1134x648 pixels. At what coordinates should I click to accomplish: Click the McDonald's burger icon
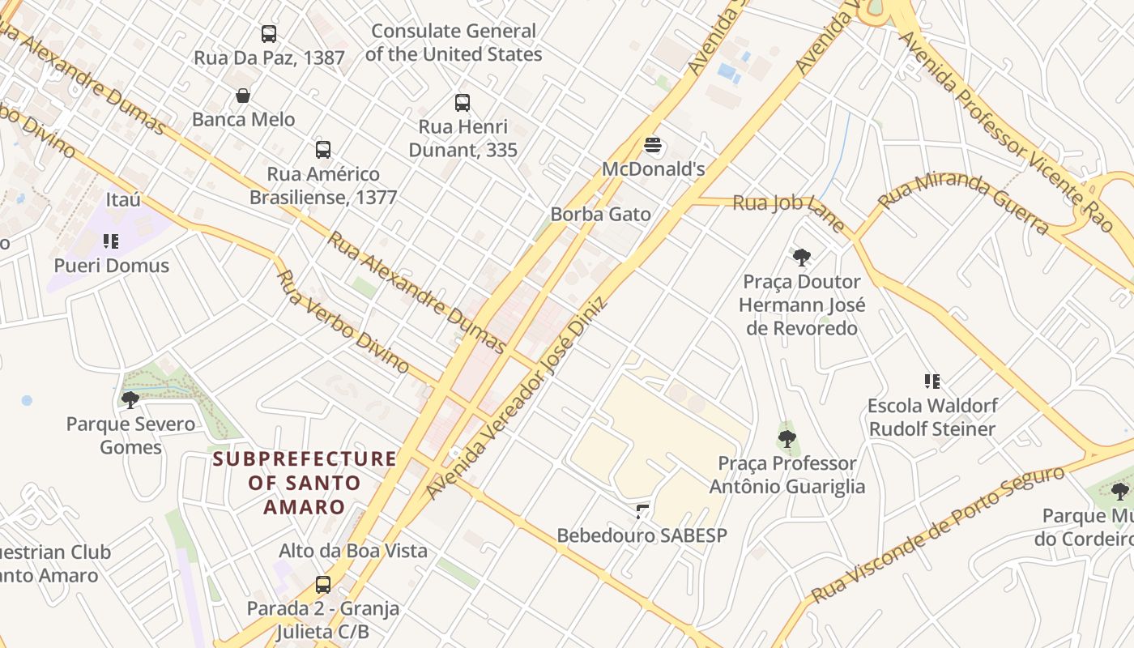654,147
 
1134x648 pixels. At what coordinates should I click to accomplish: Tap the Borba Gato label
600,215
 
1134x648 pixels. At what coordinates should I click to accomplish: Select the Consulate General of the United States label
454,43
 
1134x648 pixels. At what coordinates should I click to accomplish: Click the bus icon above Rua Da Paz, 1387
269,34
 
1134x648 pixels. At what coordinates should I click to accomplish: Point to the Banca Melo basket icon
243,96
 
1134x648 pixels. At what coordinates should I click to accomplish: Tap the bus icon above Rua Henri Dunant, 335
463,103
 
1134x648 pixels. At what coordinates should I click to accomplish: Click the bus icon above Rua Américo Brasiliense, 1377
323,150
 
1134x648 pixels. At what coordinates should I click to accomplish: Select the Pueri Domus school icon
111,241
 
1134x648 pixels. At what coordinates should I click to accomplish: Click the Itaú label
123,199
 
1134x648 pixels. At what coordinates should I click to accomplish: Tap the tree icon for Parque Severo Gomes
130,399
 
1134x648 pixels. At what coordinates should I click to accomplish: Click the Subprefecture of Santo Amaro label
305,483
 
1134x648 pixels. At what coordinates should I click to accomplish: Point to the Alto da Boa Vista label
353,551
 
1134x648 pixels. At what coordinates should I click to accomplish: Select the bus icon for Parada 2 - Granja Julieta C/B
323,584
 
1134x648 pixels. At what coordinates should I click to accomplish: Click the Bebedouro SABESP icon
642,511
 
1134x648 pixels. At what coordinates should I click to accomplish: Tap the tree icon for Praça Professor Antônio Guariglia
787,439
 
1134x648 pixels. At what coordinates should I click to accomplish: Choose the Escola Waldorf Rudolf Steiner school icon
932,381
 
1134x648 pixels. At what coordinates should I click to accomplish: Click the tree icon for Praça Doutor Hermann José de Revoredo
802,258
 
